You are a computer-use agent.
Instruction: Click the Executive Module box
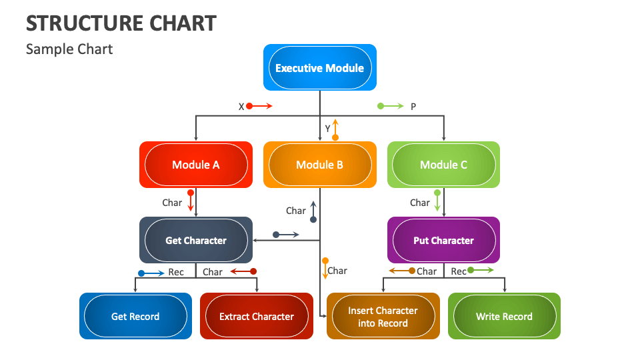coord(319,67)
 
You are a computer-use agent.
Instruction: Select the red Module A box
coord(196,165)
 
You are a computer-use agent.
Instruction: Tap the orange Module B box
coord(319,165)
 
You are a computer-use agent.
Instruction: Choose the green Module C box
coord(443,165)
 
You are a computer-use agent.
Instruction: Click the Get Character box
coord(196,240)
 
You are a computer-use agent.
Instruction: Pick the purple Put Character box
coord(443,240)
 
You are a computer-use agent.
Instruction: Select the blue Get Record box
coord(135,316)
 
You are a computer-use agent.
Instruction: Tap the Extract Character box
coord(257,316)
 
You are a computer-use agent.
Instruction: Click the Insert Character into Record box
coord(383,316)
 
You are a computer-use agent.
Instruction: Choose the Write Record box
coord(504,316)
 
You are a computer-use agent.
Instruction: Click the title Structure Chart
coord(121,23)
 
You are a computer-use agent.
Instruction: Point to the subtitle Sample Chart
coord(69,49)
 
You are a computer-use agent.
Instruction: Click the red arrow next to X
coord(259,106)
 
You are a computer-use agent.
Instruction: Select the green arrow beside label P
coord(391,106)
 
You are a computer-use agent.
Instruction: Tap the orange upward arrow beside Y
coord(335,129)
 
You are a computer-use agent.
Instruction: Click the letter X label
coord(241,107)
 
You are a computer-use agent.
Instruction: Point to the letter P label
coord(413,107)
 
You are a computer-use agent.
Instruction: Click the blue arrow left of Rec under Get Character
coord(151,273)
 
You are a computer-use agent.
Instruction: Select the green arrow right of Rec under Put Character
coord(481,270)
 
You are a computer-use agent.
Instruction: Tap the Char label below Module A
coord(172,203)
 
